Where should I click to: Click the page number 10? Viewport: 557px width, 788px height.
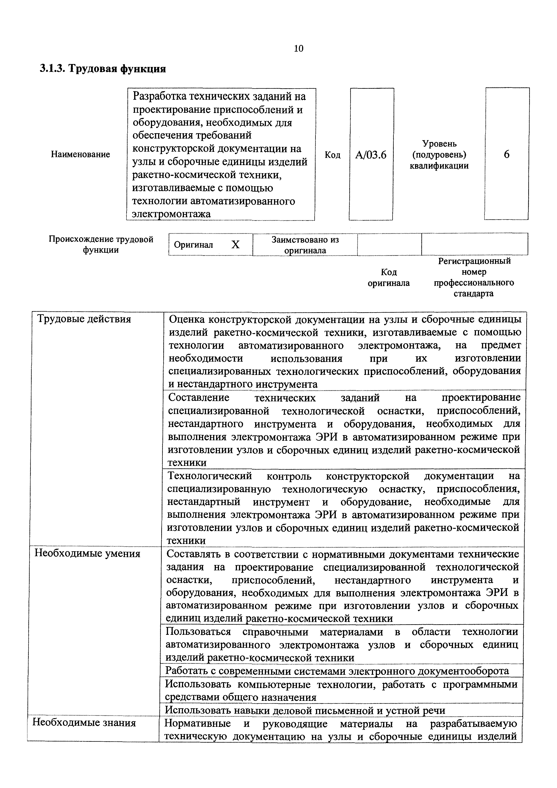tap(298, 48)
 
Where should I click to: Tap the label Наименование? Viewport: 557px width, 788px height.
tap(80, 155)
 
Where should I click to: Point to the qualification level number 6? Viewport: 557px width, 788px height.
tap(506, 155)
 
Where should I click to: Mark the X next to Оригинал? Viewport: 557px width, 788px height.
tap(235, 245)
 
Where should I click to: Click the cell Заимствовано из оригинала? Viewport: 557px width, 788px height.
tap(305, 245)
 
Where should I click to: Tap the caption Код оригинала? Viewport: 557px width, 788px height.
tap(389, 278)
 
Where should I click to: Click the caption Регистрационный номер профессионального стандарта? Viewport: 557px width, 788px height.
tap(474, 277)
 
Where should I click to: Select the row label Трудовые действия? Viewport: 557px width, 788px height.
tap(84, 319)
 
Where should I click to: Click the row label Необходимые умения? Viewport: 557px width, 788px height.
tap(88, 553)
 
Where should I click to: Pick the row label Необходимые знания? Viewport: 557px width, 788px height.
tap(84, 723)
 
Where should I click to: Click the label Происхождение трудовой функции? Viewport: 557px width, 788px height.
tap(101, 244)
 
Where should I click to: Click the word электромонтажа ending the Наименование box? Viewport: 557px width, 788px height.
tap(171, 214)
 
